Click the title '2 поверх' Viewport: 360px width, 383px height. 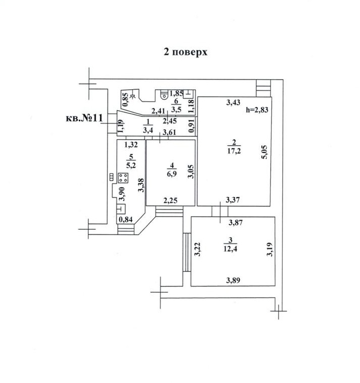pyautogui.click(x=186, y=52)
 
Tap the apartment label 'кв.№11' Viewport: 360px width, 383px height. pyautogui.click(x=84, y=118)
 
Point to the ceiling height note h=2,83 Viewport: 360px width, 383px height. pyautogui.click(x=257, y=110)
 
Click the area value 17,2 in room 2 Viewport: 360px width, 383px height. pyautogui.click(x=234, y=151)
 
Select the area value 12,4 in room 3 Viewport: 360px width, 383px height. pyautogui.click(x=230, y=249)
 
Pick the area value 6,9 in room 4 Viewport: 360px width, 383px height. pyautogui.click(x=172, y=174)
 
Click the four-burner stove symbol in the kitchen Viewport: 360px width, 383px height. pyautogui.click(x=123, y=178)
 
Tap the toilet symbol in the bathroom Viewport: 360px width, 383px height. pyautogui.click(x=164, y=95)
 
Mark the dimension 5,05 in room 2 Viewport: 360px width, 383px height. pyautogui.click(x=265, y=152)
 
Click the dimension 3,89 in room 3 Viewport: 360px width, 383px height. pyautogui.click(x=233, y=280)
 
